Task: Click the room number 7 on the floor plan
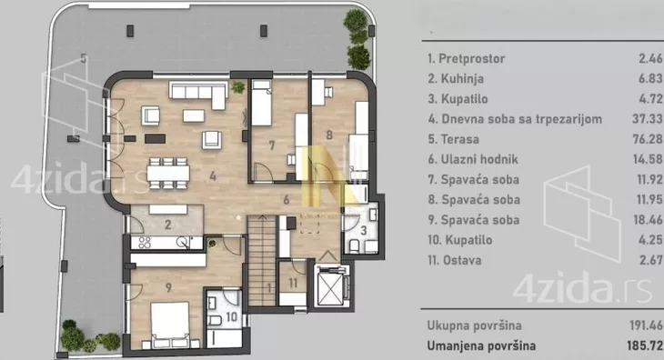pyautogui.click(x=272, y=145)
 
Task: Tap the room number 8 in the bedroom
pyautogui.click(x=329, y=135)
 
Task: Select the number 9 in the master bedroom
pyautogui.click(x=168, y=287)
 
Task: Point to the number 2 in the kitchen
pyautogui.click(x=167, y=225)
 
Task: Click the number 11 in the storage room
pyautogui.click(x=293, y=283)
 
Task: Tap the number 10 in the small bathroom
pyautogui.click(x=231, y=316)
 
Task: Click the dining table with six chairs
pyautogui.click(x=168, y=173)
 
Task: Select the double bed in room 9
pyautogui.click(x=170, y=325)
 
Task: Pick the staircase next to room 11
pyautogui.click(x=262, y=260)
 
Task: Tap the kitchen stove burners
pyautogui.click(x=145, y=243)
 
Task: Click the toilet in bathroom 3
pyautogui.click(x=354, y=245)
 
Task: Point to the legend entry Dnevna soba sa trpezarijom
pyautogui.click(x=515, y=119)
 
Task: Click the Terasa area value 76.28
pyautogui.click(x=648, y=139)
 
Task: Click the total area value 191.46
pyautogui.click(x=646, y=325)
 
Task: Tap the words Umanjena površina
pyautogui.click(x=481, y=345)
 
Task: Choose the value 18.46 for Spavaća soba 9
pyautogui.click(x=648, y=220)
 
